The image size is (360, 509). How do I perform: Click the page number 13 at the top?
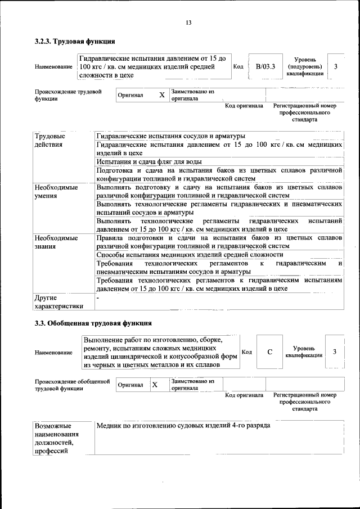click(188, 22)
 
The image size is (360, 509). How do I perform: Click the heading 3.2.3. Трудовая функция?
click(75, 41)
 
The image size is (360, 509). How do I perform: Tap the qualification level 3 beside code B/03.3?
click(336, 67)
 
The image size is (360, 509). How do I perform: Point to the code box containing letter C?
click(270, 352)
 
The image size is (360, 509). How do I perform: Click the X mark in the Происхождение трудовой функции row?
click(161, 95)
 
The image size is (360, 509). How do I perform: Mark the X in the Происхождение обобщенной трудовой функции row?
click(155, 385)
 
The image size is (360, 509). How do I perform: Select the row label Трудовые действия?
click(49, 141)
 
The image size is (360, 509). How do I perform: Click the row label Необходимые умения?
click(56, 191)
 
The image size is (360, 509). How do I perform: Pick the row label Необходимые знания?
click(56, 242)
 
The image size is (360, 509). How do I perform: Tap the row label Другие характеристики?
click(58, 301)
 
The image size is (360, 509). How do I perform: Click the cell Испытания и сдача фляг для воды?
click(148, 162)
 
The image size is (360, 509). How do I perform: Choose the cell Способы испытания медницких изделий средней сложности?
click(190, 255)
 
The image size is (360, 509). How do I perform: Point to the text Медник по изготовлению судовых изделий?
click(183, 426)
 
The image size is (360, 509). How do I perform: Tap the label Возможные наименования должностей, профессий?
click(56, 438)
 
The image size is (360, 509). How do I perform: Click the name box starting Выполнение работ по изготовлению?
click(160, 353)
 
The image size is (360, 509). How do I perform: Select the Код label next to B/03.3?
click(238, 67)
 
